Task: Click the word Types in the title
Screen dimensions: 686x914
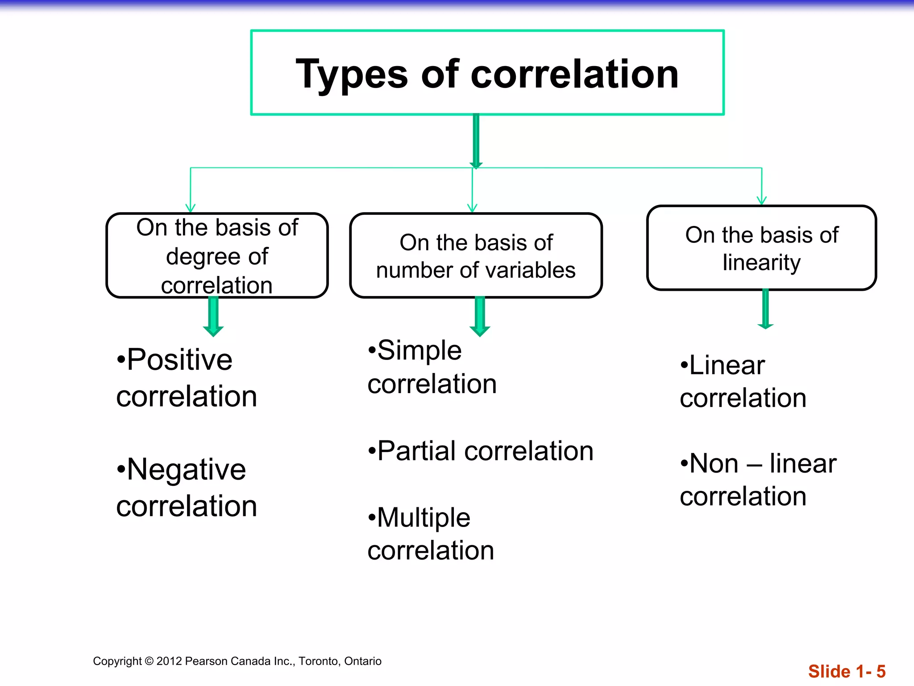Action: [x=352, y=75]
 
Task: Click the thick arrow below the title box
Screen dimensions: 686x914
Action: [x=476, y=141]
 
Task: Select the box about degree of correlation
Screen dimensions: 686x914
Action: [x=217, y=255]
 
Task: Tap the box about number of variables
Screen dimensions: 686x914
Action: [x=476, y=255]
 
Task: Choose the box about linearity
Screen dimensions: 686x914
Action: [x=761, y=248]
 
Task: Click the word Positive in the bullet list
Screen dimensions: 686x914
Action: [x=179, y=360]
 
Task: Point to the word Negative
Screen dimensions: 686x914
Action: [x=186, y=470]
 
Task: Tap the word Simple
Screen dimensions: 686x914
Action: [x=419, y=350]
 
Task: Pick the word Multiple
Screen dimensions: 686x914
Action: [x=424, y=518]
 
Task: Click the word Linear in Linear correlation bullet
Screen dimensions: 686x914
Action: [x=727, y=366]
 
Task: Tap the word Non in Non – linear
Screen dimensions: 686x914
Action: [x=714, y=464]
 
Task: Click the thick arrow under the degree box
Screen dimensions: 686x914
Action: [x=213, y=316]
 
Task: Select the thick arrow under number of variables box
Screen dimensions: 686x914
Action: [x=480, y=316]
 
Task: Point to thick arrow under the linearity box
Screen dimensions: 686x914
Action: [x=765, y=309]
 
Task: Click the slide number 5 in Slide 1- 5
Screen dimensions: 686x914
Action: [x=881, y=671]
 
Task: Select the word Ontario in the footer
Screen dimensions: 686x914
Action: [x=363, y=661]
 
